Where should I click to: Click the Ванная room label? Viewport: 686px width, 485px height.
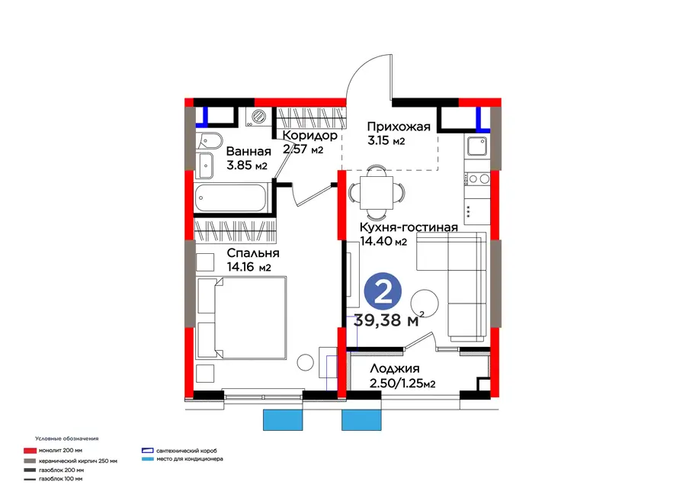[x=248, y=152]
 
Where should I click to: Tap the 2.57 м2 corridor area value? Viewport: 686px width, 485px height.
[x=303, y=149]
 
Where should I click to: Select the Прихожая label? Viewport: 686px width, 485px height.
[x=399, y=127]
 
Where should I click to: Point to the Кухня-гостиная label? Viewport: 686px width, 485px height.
[x=409, y=227]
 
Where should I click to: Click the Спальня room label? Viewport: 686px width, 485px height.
[x=253, y=253]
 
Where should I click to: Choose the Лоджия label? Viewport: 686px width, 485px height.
[x=395, y=368]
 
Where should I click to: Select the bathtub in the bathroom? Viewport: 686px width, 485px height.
[x=230, y=198]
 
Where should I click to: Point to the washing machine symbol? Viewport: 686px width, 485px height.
[x=258, y=117]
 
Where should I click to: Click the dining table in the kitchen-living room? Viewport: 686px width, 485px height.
[x=377, y=193]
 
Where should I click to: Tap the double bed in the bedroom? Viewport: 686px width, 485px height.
[x=242, y=318]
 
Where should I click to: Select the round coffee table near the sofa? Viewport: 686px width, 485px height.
[x=425, y=304]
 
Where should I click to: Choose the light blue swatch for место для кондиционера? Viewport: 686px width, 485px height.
[x=148, y=459]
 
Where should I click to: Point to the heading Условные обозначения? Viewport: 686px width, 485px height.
[x=66, y=438]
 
